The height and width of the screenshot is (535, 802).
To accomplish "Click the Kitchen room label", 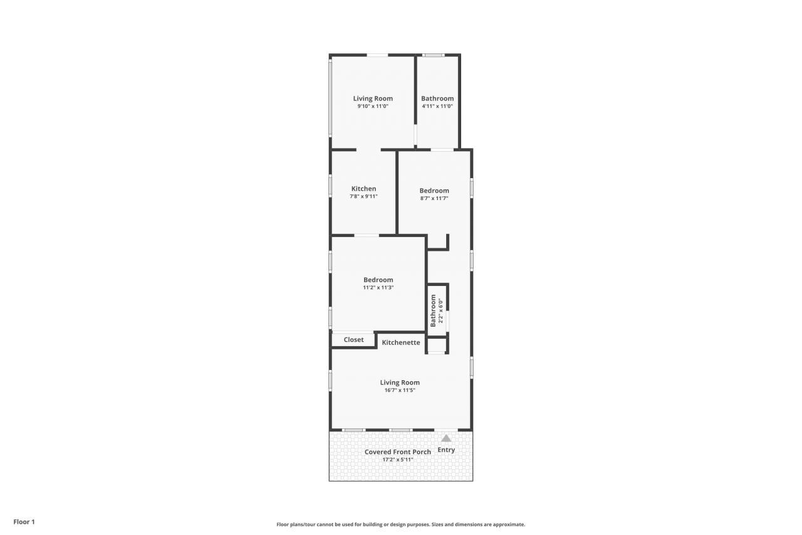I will [x=363, y=189].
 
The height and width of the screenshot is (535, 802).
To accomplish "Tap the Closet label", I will [x=353, y=340].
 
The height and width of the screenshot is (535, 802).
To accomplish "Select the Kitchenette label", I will [x=401, y=342].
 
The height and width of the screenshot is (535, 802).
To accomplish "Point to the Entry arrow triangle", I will [x=446, y=439].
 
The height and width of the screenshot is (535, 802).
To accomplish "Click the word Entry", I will [x=446, y=450].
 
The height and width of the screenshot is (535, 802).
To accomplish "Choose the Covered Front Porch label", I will [x=398, y=452].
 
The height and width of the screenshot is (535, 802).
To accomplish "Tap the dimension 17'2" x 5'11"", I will [x=398, y=460].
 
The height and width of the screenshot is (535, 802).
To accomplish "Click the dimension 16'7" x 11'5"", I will [x=400, y=390].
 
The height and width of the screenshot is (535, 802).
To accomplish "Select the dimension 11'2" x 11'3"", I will [x=378, y=288].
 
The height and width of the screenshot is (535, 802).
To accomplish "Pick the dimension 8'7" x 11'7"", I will [x=434, y=198].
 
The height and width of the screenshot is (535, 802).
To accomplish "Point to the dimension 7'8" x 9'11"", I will [x=363, y=196].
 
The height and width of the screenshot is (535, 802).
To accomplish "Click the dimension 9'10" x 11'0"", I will [x=373, y=106].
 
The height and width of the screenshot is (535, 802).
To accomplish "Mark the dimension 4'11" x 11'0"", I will [x=437, y=106].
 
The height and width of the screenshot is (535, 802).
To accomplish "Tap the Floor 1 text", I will [x=24, y=522].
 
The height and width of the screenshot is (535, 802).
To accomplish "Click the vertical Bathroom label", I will [x=433, y=310].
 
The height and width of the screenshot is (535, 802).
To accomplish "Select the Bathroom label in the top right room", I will [x=437, y=98].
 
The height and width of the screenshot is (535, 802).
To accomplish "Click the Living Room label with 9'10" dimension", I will [x=373, y=98].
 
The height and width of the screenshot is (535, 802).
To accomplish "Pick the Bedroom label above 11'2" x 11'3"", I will [x=378, y=280].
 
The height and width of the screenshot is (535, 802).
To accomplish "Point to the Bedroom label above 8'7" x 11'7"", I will [x=434, y=191].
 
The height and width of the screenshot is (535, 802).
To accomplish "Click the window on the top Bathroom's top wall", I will [x=433, y=55].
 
